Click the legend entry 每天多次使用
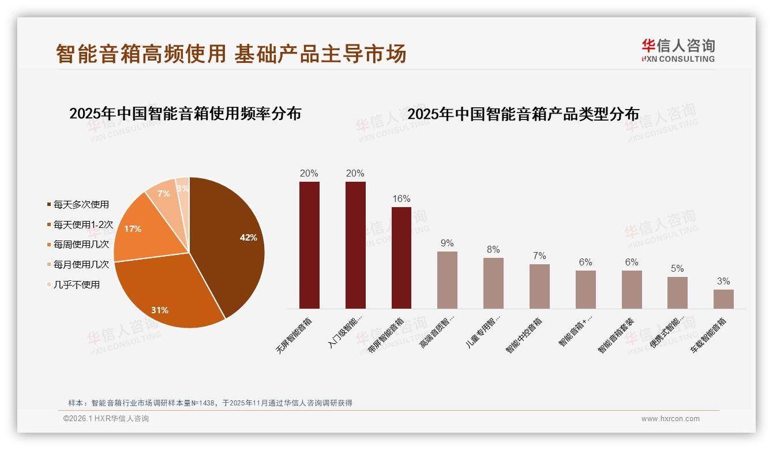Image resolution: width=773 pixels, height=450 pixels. tap(81, 204)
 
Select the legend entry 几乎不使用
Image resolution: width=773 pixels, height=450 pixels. tap(76, 284)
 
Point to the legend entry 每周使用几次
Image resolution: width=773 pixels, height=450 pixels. tap(81, 244)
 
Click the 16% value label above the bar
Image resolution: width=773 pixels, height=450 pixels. tap(401, 199)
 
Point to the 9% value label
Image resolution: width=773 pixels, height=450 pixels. tap(447, 243)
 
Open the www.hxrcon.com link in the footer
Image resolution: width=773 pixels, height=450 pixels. tap(670, 419)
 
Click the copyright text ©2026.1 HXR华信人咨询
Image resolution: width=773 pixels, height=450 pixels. tap(106, 419)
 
